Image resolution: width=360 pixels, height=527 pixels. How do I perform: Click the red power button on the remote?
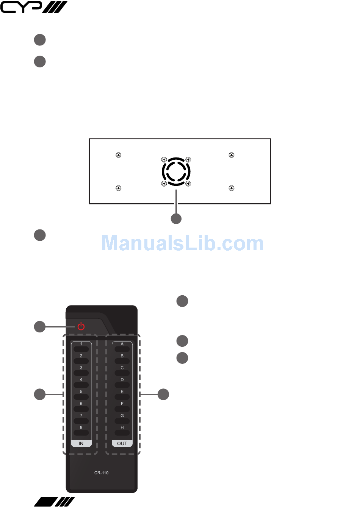[x=81, y=326]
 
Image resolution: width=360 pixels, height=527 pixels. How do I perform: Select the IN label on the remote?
[x=81, y=443]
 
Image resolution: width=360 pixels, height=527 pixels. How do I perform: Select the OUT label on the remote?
[x=122, y=443]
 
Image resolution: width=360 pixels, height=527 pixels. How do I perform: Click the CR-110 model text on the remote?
[x=101, y=473]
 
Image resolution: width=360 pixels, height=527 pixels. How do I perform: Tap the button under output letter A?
[x=122, y=349]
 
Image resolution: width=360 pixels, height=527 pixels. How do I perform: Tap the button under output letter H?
[x=122, y=433]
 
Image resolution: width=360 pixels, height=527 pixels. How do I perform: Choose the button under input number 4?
[x=81, y=385]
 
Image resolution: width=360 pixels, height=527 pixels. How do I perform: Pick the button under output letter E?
[x=122, y=397]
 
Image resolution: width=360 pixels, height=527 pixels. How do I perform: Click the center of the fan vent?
[x=176, y=172]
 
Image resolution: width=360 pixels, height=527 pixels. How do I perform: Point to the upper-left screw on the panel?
[x=119, y=155]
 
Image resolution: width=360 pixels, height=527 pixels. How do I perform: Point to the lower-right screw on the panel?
[x=232, y=188]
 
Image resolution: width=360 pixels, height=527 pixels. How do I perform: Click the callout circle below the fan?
[x=176, y=219]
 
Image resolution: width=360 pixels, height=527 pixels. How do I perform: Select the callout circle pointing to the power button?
[x=40, y=327]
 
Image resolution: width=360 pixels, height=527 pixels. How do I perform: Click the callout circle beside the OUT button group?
[x=163, y=394]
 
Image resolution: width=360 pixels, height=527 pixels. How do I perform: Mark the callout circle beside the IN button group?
[x=40, y=394]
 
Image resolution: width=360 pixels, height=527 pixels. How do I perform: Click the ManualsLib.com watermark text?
[x=183, y=243]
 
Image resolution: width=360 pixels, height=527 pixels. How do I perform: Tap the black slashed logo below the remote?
[x=55, y=502]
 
